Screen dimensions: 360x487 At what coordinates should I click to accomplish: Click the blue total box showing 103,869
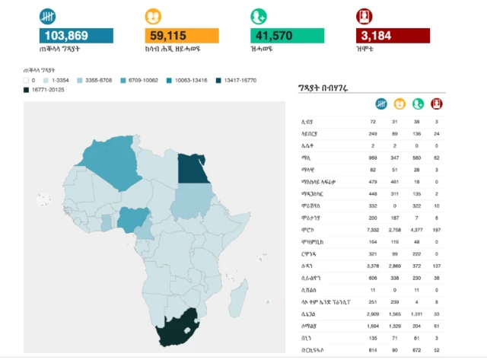(x=76, y=36)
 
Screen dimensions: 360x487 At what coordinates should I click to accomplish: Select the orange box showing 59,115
(x=182, y=36)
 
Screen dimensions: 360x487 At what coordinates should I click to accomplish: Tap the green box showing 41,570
(x=287, y=36)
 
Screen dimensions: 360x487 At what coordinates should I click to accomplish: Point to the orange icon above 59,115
(x=153, y=16)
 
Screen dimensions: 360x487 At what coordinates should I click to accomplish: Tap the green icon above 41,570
(x=258, y=16)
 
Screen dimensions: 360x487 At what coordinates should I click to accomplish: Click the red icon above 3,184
(x=364, y=16)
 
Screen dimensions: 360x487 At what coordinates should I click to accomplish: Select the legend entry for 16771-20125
(x=46, y=90)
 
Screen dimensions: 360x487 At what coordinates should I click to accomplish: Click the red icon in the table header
(x=437, y=104)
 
